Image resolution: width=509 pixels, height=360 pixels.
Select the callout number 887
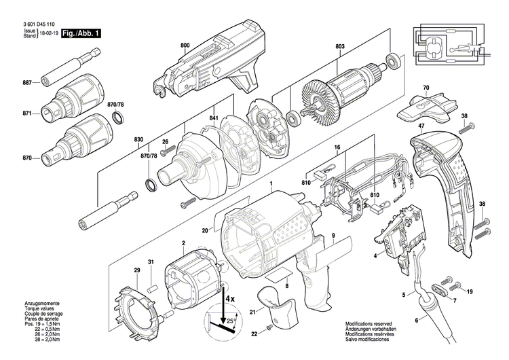pos(27,82)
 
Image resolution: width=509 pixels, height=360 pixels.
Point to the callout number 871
pos(27,111)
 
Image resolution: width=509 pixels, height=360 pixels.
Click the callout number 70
pos(426,88)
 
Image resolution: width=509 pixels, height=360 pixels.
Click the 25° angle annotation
pos(233,320)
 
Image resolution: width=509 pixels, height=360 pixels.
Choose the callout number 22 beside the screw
pos(254,334)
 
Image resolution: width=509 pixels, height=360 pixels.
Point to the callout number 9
pos(334,236)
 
